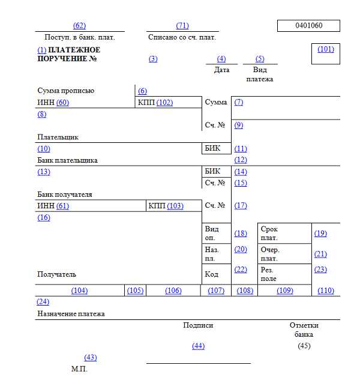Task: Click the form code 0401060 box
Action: pyautogui.click(x=308, y=26)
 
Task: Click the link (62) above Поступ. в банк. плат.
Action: pyautogui.click(x=79, y=26)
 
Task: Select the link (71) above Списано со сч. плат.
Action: pyautogui.click(x=182, y=26)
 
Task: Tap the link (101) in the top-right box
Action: pyautogui.click(x=326, y=49)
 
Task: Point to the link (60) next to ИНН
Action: pyautogui.click(x=63, y=103)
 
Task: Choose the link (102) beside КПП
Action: pyautogui.click(x=164, y=103)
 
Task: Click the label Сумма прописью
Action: pyautogui.click(x=65, y=91)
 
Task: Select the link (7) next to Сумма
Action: pyautogui.click(x=239, y=102)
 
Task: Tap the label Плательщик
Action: pyautogui.click(x=58, y=137)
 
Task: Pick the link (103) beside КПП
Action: pyautogui.click(x=175, y=206)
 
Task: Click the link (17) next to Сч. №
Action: pyautogui.click(x=241, y=206)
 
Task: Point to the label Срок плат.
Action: pyautogui.click(x=269, y=234)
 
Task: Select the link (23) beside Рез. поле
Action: pyautogui.click(x=320, y=270)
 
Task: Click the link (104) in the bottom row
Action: pyautogui.click(x=79, y=291)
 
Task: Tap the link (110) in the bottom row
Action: pyautogui.click(x=326, y=291)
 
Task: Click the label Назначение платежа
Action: pyautogui.click(x=71, y=314)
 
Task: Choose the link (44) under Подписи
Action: pyautogui.click(x=198, y=346)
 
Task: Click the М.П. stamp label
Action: pyautogui.click(x=79, y=369)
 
